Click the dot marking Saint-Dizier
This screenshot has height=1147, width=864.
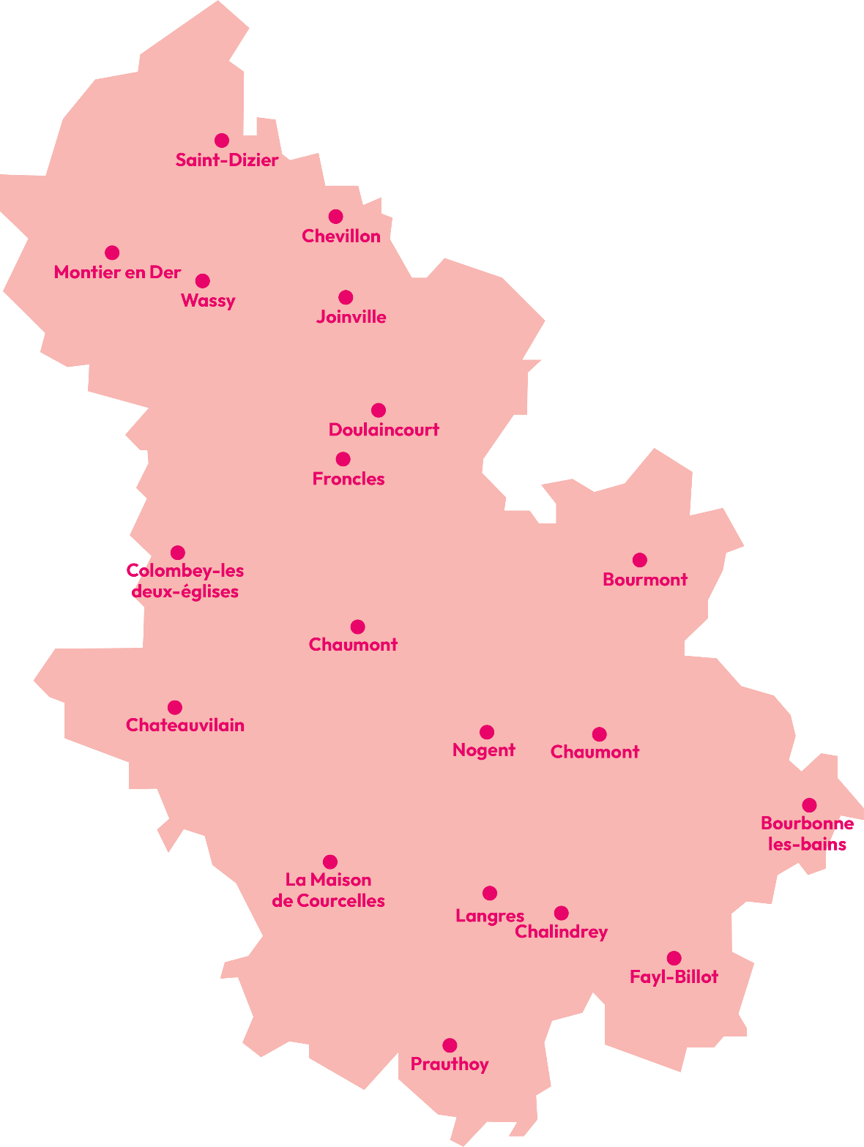[222, 141]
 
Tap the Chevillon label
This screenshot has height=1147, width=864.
[341, 236]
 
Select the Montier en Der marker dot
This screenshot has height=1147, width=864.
[112, 253]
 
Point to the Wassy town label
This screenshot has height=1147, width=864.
[208, 301]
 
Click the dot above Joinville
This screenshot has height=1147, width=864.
[346, 297]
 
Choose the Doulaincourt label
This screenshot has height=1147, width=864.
[384, 430]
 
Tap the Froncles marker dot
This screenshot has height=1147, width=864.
[343, 459]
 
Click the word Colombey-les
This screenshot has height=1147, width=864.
[185, 570]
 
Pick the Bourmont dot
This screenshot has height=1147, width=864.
[640, 560]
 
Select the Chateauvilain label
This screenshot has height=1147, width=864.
[185, 725]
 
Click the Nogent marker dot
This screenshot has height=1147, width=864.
[487, 732]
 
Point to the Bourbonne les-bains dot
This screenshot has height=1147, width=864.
[809, 805]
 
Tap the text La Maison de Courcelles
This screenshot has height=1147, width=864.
[329, 890]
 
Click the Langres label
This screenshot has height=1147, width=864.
[490, 916]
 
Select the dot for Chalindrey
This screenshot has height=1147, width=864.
[562, 913]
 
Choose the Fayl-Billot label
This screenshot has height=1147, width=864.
[674, 976]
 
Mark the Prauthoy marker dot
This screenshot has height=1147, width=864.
[450, 1045]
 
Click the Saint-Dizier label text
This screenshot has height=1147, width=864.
[227, 160]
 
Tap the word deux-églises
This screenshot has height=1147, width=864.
[185, 591]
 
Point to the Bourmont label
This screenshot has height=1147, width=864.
[645, 580]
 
